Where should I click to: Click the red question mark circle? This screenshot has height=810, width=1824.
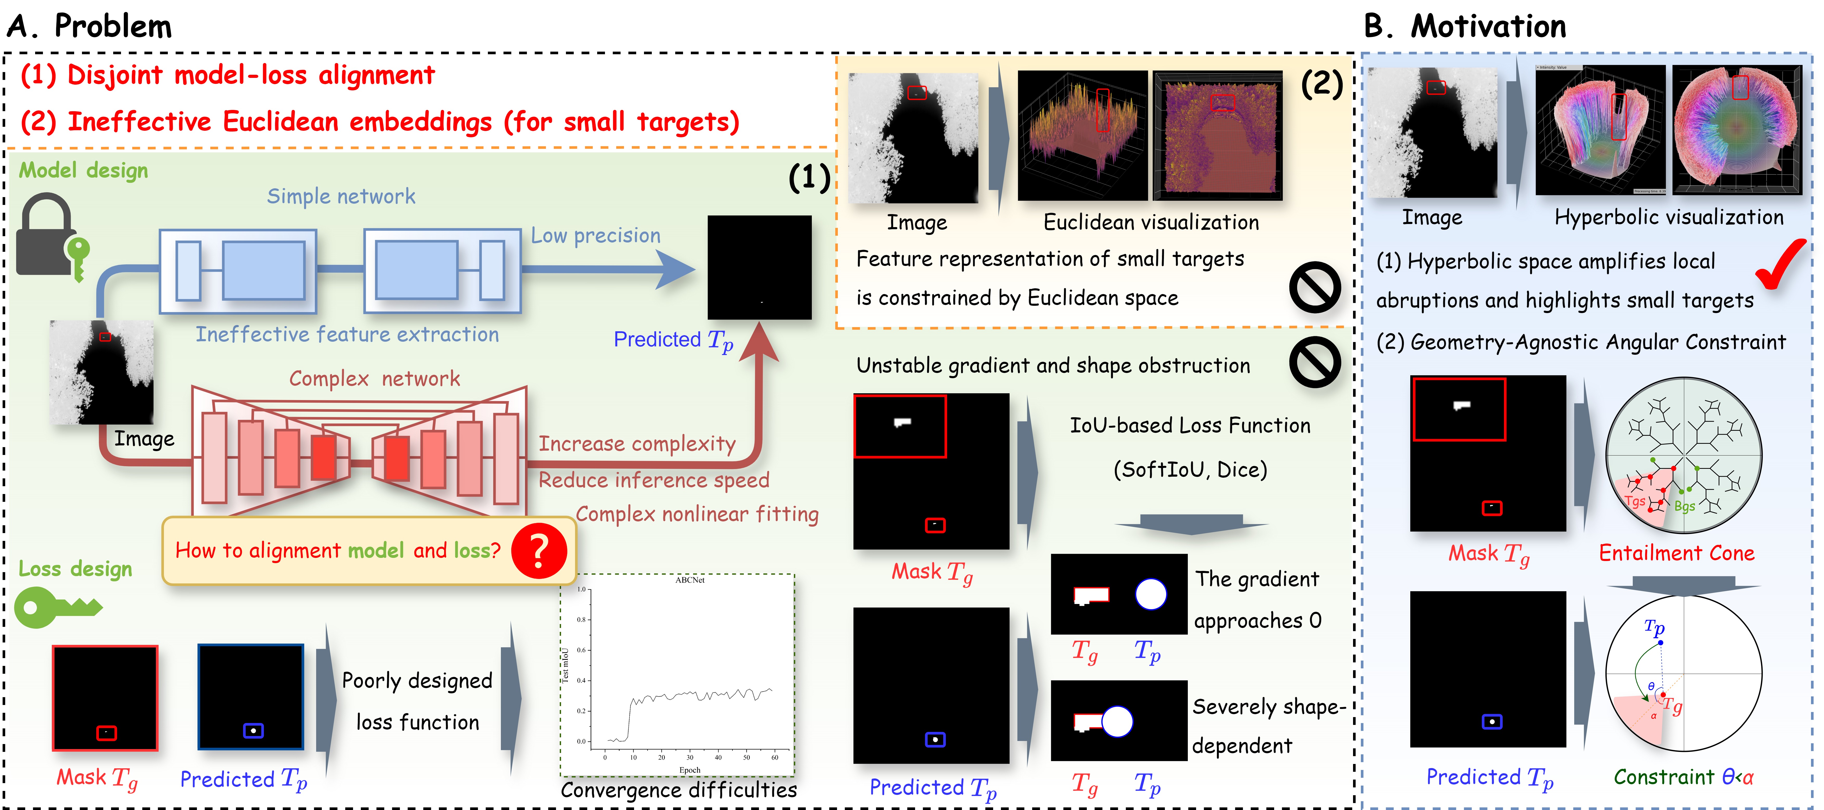tap(539, 551)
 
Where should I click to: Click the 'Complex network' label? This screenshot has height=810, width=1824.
tap(375, 378)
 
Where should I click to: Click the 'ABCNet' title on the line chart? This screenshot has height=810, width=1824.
tap(690, 580)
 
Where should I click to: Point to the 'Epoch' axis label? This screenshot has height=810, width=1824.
tap(690, 770)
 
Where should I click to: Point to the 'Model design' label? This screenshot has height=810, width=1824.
tap(84, 171)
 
